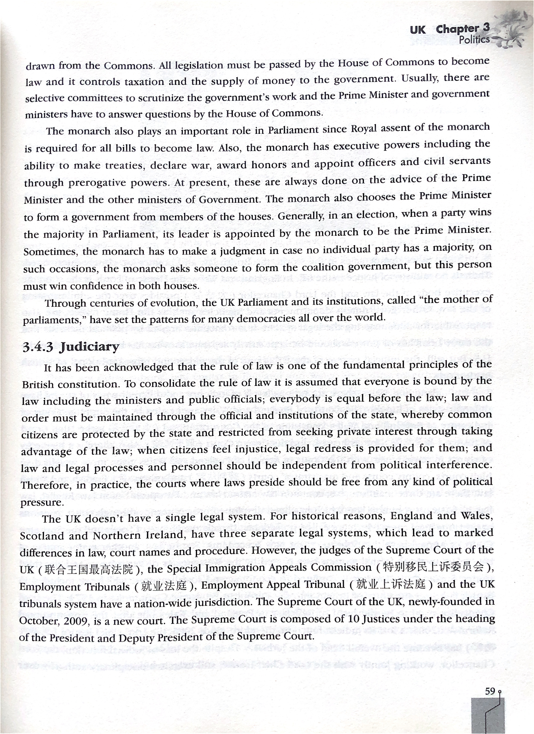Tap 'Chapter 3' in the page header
coord(462,29)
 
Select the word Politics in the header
coord(474,40)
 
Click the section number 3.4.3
coord(38,347)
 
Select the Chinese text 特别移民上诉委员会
coord(434,567)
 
